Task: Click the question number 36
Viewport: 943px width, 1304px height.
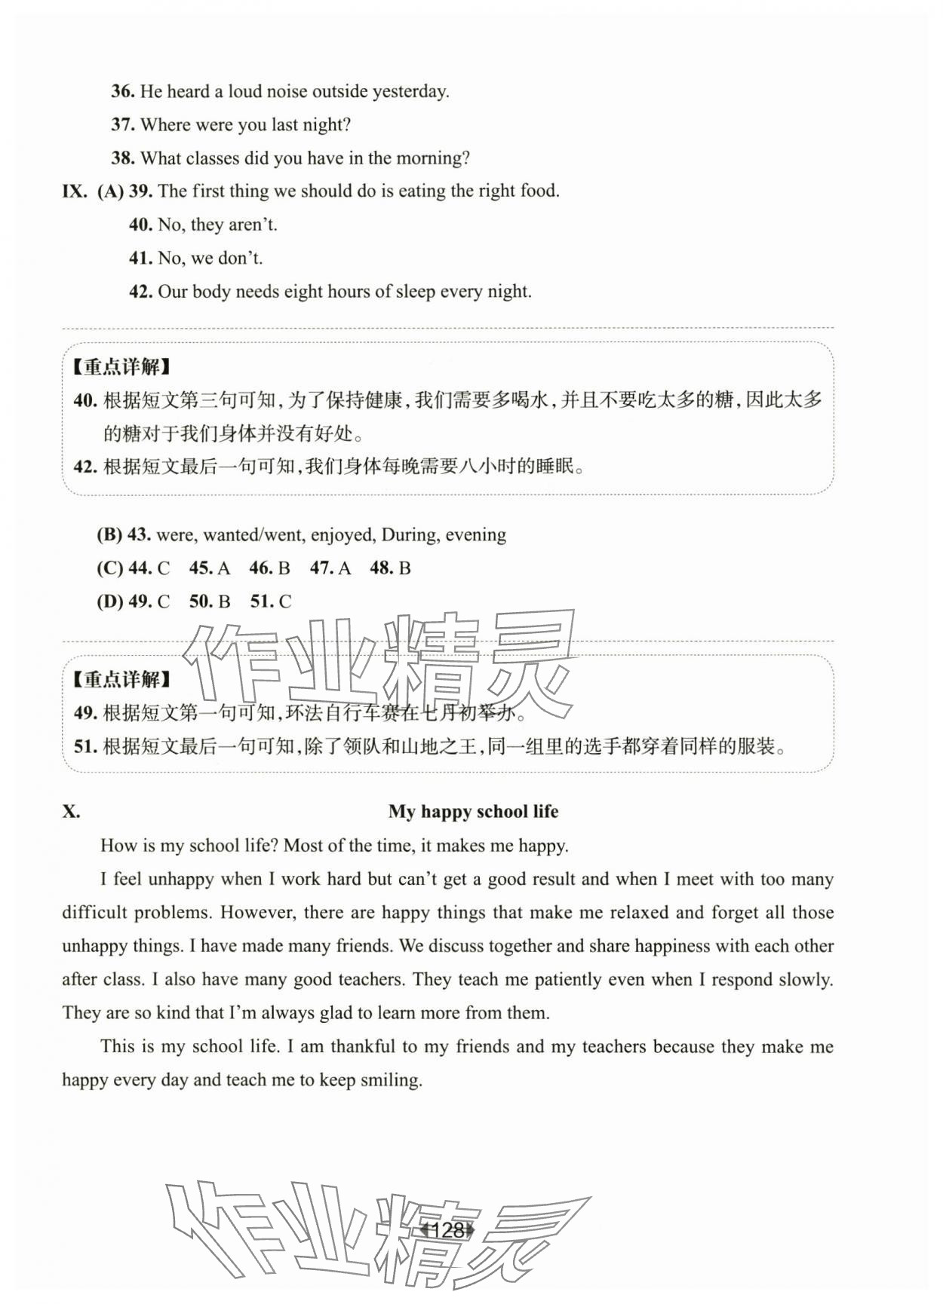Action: click(x=122, y=92)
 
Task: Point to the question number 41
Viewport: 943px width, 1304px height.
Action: click(x=140, y=259)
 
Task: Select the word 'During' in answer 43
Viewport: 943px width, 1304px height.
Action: click(x=408, y=535)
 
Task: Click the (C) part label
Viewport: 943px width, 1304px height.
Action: click(x=109, y=568)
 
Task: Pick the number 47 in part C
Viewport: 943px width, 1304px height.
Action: click(x=321, y=568)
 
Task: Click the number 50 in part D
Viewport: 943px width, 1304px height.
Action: click(x=201, y=601)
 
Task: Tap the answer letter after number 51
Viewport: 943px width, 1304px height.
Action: click(x=285, y=601)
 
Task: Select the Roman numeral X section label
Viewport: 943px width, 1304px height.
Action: click(x=71, y=812)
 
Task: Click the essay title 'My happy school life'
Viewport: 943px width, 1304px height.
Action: click(x=473, y=812)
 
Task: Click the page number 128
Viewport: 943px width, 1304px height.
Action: click(x=448, y=1231)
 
